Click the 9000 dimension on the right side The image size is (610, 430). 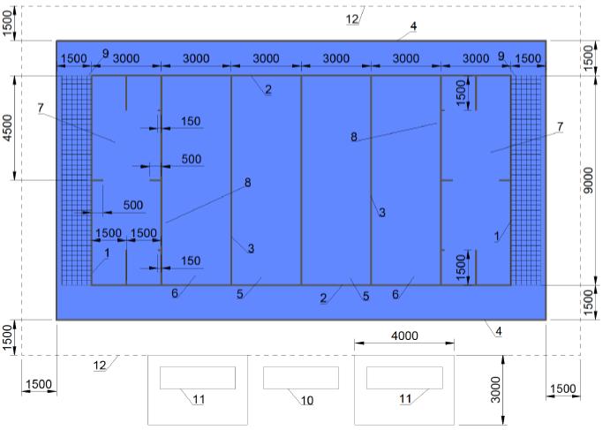590,180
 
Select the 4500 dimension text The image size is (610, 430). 8,128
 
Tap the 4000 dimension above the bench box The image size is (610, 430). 404,336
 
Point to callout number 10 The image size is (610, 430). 306,401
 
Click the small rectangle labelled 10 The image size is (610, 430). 301,378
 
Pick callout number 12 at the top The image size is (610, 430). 352,19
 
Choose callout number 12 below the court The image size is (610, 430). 100,366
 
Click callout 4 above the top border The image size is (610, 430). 413,26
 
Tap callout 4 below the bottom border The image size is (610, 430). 499,331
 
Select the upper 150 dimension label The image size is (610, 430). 191,121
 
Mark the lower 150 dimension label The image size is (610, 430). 191,260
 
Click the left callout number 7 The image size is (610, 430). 41,108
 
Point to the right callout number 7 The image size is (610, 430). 560,127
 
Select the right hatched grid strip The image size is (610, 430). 526,180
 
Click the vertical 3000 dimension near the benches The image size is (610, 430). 495,389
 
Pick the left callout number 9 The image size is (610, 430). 105,53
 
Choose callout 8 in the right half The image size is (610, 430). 354,137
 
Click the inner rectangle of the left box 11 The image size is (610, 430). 198,378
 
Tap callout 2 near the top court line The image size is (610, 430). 268,89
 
